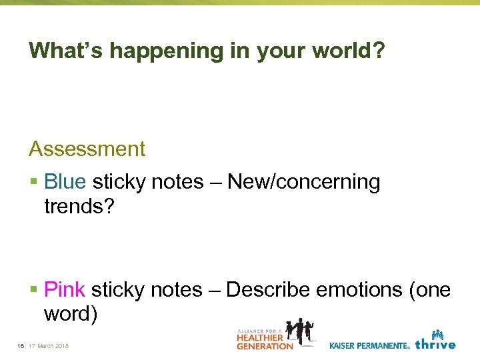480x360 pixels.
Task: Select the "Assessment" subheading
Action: tap(87, 149)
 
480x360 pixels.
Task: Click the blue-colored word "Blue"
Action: tap(65, 182)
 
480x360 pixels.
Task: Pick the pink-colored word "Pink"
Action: tap(65, 290)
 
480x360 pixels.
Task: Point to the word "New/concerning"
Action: tap(304, 182)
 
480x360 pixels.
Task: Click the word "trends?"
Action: tap(79, 206)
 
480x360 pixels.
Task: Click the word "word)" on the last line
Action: tap(71, 314)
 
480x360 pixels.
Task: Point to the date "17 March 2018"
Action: tap(53, 345)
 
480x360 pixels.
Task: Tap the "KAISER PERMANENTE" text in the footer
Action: tap(369, 345)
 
